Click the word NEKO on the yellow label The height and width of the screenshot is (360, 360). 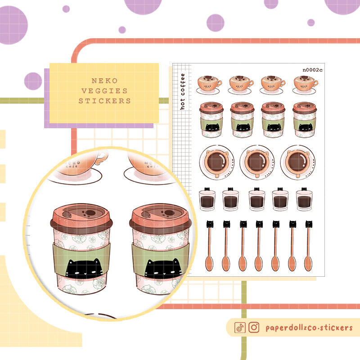(104, 81)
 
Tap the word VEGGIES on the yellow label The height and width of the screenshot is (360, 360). (104, 91)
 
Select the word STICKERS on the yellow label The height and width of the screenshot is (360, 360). (104, 101)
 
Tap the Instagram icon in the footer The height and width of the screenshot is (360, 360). (254, 328)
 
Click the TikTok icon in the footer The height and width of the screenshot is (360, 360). (240, 328)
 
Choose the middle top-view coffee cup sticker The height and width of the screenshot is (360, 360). (257, 162)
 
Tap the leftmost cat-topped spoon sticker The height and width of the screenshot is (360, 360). (210, 245)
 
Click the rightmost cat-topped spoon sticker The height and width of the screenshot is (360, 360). (309, 245)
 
